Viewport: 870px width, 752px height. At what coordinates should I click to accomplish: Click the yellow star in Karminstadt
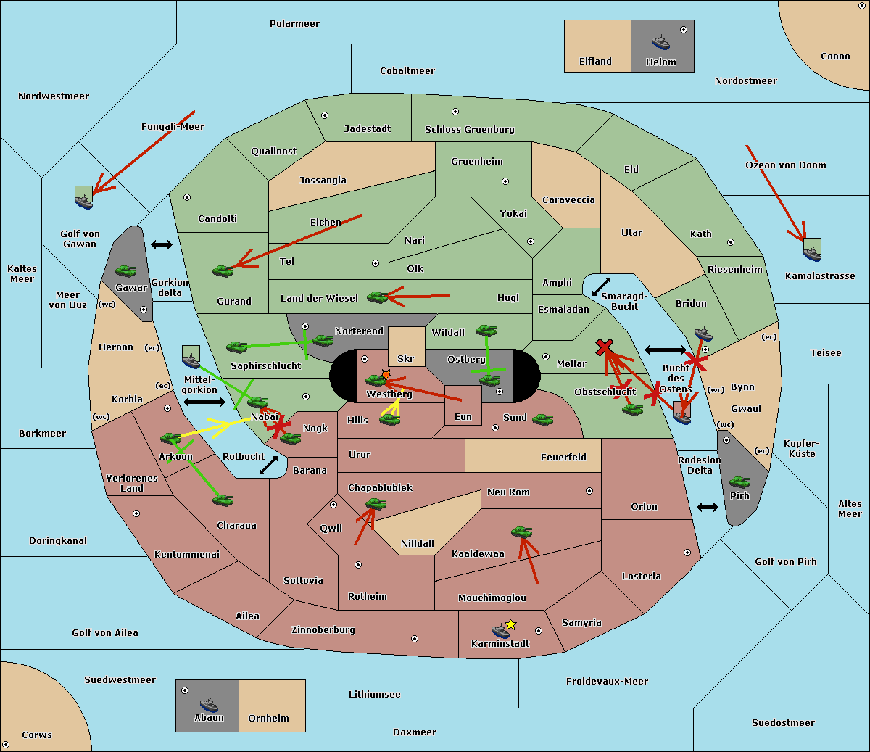point(511,624)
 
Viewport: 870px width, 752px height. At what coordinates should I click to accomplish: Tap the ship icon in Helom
point(660,41)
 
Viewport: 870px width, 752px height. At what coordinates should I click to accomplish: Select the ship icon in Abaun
point(209,704)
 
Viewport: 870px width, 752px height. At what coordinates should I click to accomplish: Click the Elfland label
point(595,62)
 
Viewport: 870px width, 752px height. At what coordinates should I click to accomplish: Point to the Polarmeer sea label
point(294,24)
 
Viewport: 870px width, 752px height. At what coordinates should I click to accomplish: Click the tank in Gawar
point(126,271)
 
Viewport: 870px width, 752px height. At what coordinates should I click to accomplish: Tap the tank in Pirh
point(740,482)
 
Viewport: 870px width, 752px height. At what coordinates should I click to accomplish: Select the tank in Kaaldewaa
point(522,532)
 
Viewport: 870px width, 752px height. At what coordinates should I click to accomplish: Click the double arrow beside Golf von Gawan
point(161,245)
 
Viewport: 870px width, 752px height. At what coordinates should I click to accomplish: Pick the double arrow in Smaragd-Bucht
point(601,286)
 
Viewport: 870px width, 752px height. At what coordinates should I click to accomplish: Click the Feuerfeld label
point(563,458)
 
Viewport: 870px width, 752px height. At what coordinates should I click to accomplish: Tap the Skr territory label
point(406,359)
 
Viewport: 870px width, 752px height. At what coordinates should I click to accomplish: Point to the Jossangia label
point(323,181)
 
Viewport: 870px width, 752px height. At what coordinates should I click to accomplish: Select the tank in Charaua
point(223,500)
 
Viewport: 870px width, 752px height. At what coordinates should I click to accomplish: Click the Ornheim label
point(268,719)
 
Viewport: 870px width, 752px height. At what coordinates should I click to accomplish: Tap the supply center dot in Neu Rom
point(589,491)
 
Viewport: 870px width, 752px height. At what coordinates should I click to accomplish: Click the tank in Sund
point(542,419)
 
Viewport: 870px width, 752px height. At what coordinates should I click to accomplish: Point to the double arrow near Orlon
point(708,507)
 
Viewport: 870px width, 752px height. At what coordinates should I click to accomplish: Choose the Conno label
point(835,57)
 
